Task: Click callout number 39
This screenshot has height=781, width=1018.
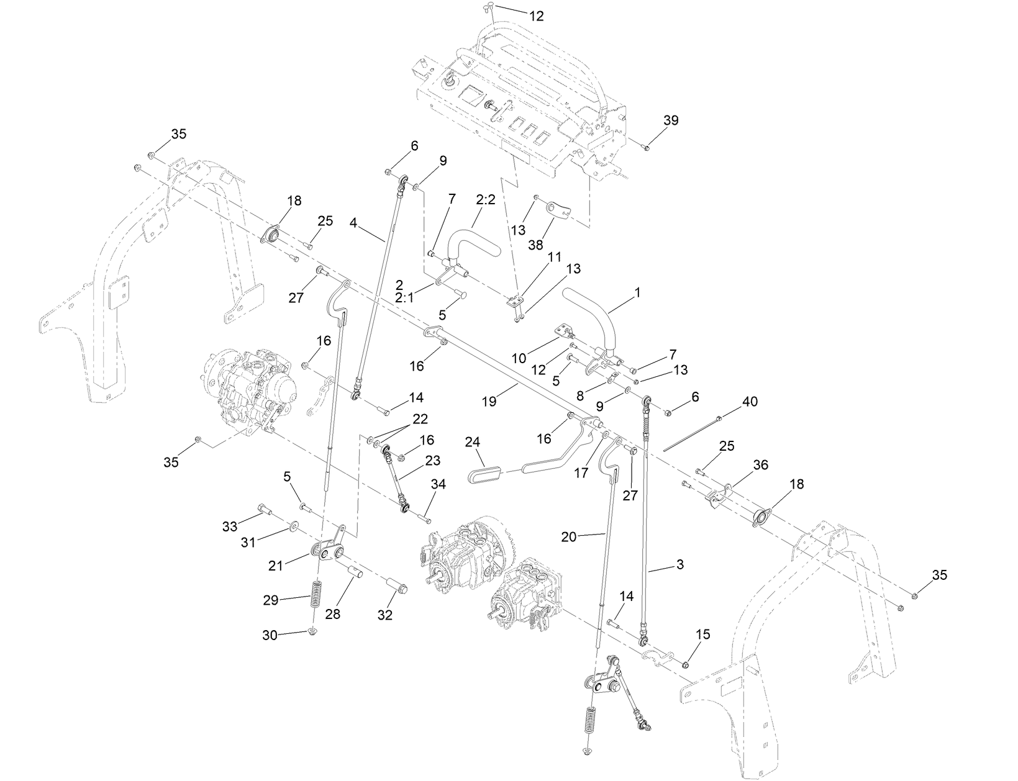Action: coord(671,120)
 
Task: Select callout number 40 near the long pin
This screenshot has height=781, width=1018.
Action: coord(750,402)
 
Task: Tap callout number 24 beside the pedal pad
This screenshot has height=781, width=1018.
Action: coord(473,442)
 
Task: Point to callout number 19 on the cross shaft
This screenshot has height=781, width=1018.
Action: coord(489,401)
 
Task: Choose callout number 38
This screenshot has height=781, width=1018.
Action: coord(535,245)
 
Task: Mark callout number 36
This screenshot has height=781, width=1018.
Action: coord(760,464)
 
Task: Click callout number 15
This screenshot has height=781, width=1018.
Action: coord(703,634)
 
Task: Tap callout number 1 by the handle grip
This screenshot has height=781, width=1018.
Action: coord(637,291)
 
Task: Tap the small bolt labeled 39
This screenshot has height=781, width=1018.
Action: coord(645,147)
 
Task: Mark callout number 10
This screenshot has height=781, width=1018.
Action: coord(519,358)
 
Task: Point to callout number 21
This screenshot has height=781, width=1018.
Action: coord(276,565)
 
